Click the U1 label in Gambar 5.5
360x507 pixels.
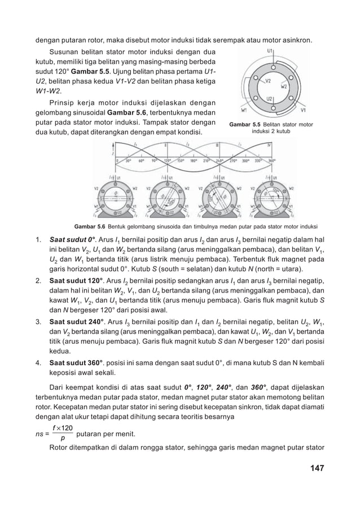(270, 51)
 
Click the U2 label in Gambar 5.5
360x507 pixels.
(270, 98)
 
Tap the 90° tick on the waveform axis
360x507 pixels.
(148, 160)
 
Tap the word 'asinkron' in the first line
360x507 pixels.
(297, 40)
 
